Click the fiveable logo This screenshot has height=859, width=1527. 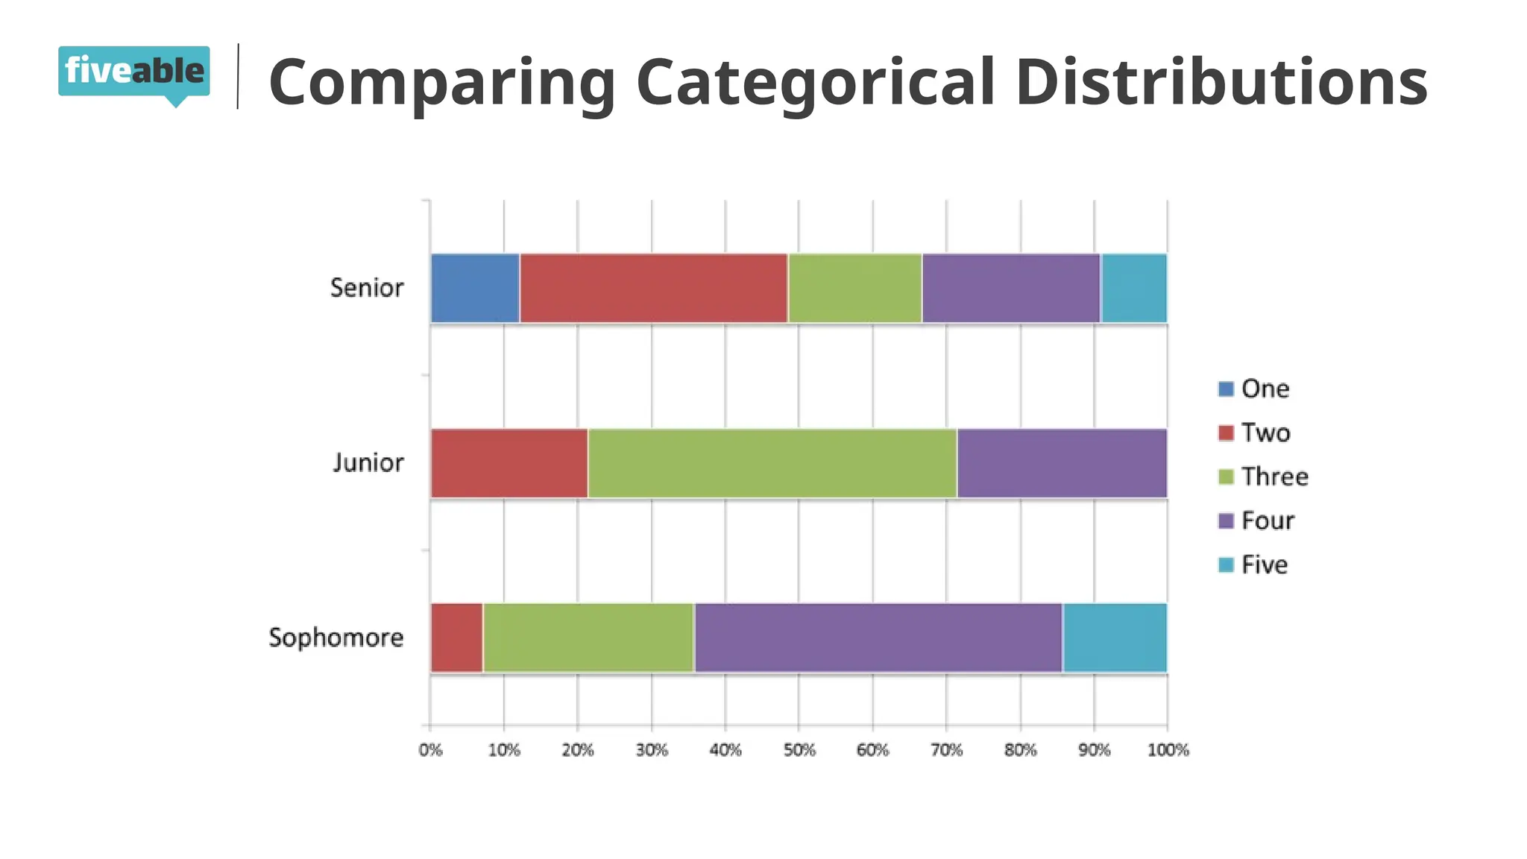click(x=134, y=72)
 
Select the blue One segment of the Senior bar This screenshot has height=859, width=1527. click(x=475, y=289)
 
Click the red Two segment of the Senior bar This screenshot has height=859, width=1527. click(x=653, y=289)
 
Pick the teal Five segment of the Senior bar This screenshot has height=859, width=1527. click(x=1134, y=289)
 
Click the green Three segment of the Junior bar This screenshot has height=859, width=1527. click(x=772, y=463)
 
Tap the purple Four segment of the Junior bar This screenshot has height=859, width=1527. click(x=1062, y=463)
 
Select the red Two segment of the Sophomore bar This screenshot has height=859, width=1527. click(x=456, y=638)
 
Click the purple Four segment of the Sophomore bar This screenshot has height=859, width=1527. click(x=878, y=638)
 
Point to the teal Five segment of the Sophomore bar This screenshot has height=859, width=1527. click(x=1115, y=638)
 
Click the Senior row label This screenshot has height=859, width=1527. click(x=367, y=288)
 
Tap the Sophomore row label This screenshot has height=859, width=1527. click(x=336, y=638)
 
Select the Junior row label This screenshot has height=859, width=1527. click(x=368, y=463)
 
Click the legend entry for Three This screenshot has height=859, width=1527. click(x=1274, y=476)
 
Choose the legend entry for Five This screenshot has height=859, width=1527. click(x=1264, y=564)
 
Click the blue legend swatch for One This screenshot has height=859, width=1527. click(x=1226, y=388)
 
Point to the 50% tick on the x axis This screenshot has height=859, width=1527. click(x=799, y=750)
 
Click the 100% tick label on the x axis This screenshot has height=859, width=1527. click(x=1168, y=750)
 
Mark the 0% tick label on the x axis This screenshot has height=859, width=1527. click(x=430, y=750)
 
